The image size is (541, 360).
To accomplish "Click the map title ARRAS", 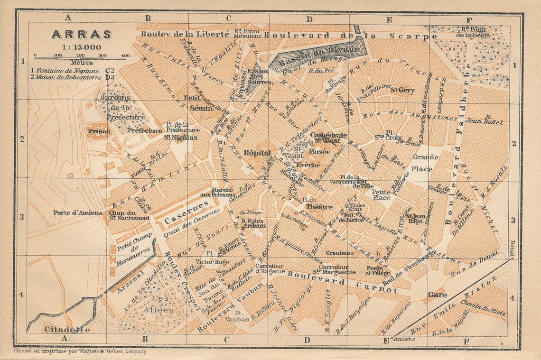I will pyautogui.click(x=82, y=35).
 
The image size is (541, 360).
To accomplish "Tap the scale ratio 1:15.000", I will pyautogui.click(x=82, y=47).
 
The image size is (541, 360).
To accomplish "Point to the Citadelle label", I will pyautogui.click(x=67, y=329).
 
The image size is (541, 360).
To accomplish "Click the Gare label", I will pyautogui.click(x=437, y=295).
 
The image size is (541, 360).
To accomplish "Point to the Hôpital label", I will pyautogui.click(x=257, y=153).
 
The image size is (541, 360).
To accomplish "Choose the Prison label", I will pyautogui.click(x=99, y=131).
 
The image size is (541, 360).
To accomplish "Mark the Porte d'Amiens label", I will pyautogui.click(x=77, y=212).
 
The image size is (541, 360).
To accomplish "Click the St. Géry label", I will pyautogui.click(x=402, y=90).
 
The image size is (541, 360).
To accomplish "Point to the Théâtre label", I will pyautogui.click(x=319, y=207).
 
